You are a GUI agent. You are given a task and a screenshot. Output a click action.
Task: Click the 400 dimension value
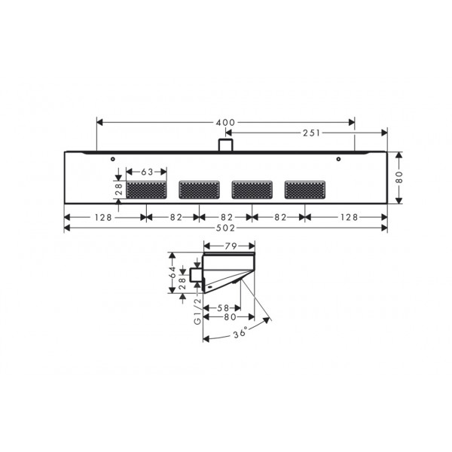pyautogui.click(x=225, y=123)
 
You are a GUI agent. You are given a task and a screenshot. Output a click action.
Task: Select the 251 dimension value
pyautogui.click(x=312, y=133)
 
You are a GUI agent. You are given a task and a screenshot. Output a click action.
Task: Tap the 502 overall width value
pyautogui.click(x=225, y=228)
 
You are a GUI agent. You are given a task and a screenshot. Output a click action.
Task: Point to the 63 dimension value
pyautogui.click(x=147, y=172)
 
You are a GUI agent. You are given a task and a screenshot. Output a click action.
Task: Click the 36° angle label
pyautogui.click(x=240, y=333)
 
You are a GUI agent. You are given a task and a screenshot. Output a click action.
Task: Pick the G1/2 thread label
pyautogui.click(x=197, y=312)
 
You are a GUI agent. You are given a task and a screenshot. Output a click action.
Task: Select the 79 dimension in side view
pyautogui.click(x=231, y=246)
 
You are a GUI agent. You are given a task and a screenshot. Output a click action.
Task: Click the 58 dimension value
pyautogui.click(x=223, y=308)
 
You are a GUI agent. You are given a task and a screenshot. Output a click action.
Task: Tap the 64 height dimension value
pyautogui.click(x=173, y=272)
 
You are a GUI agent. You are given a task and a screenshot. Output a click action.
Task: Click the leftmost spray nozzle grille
pyautogui.click(x=146, y=190)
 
